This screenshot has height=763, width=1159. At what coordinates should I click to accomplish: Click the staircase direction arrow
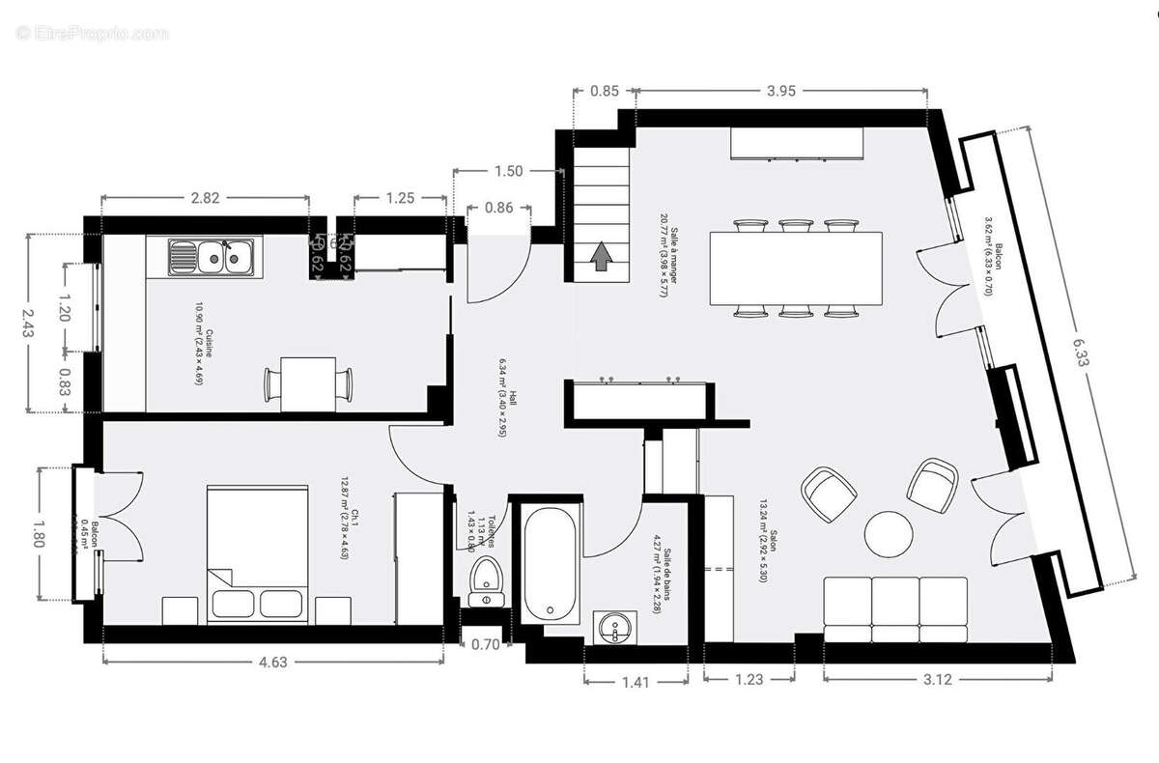[601, 257]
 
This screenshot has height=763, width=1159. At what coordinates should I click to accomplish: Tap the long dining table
[796, 267]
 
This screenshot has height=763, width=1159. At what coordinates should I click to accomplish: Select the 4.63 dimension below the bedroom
[272, 663]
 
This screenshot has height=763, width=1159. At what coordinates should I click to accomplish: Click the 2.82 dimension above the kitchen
[205, 198]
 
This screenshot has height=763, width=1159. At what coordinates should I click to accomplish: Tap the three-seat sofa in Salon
[894, 608]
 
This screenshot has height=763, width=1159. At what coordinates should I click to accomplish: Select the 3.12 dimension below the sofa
[937, 680]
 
